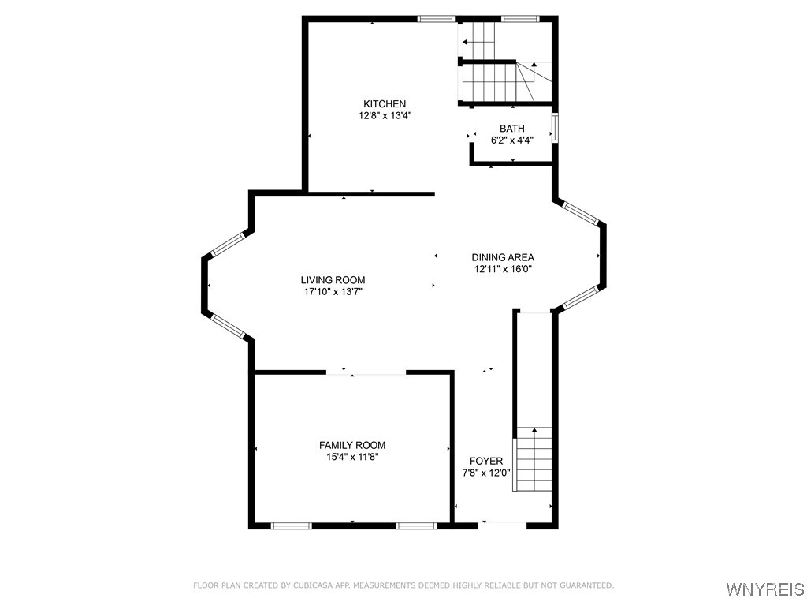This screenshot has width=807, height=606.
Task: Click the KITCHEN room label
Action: pos(385,104)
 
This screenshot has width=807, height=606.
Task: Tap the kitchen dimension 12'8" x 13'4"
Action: pos(385,115)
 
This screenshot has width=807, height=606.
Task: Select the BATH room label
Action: pos(511,129)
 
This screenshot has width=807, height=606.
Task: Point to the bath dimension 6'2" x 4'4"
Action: pos(512,140)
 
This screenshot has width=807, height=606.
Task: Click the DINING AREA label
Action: pos(503,257)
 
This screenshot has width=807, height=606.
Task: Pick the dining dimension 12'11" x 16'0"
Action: pos(503,269)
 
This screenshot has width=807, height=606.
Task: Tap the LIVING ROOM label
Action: pos(333,280)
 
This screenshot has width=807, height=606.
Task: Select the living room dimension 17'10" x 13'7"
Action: pos(333,292)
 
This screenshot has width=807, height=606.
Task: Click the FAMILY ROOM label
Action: pos(352,446)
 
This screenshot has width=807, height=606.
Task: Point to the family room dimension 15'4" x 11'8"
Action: pos(352,457)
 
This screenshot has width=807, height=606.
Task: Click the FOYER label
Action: pos(486,461)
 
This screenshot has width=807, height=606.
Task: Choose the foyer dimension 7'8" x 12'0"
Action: pos(486,473)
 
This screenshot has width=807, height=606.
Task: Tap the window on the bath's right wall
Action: pos(555,128)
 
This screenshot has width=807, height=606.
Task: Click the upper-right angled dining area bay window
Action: pos(581,211)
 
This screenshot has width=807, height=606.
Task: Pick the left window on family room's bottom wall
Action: pos(291,525)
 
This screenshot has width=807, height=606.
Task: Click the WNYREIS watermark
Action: pos(764,589)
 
